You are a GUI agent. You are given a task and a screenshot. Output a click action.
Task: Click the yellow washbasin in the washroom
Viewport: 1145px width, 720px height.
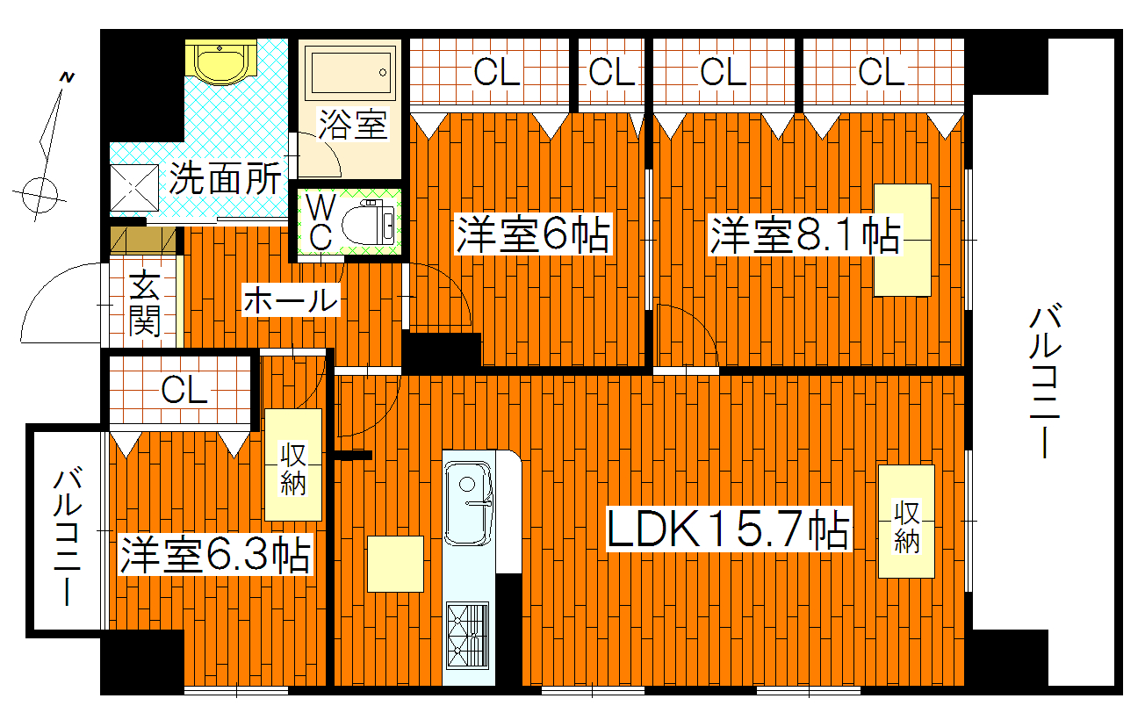coord(220,63)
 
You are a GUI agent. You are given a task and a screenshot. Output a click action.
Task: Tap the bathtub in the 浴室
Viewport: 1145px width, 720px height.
coord(349,73)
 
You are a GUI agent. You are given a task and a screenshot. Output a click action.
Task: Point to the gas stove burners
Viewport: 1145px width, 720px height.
coord(467,634)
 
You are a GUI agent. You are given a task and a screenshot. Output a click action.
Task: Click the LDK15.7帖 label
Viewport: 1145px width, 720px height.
coord(728,529)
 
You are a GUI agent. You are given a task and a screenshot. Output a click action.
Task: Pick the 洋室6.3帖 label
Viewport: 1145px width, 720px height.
coord(216,554)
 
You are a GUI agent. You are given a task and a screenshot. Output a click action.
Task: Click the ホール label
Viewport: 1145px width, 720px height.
coord(290,301)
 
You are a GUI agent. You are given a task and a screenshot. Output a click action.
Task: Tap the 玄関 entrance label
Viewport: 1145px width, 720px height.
coord(144,305)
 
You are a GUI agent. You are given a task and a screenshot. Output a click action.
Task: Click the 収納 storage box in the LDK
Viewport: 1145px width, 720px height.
coord(906,522)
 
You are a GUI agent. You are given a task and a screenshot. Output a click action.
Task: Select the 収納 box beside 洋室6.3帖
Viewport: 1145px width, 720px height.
coord(293,465)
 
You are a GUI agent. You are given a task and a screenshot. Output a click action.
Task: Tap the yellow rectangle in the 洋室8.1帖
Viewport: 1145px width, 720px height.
coord(902,240)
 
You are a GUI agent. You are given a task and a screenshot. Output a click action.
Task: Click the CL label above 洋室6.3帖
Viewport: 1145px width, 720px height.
coord(184,390)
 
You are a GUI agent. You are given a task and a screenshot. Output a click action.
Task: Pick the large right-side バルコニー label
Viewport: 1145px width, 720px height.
coord(1044,381)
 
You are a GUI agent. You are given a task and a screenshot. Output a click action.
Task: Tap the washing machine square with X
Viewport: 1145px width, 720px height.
coord(133,190)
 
